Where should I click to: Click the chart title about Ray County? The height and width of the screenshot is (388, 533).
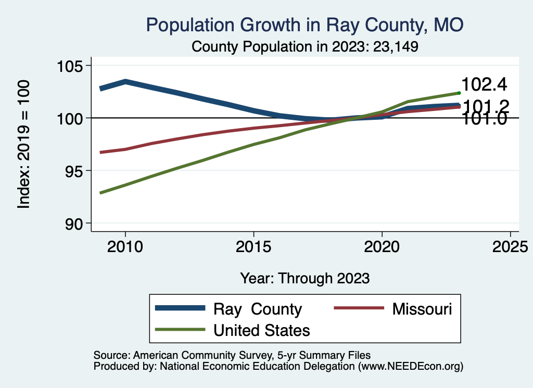point(304,25)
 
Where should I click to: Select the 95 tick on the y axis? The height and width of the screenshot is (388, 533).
point(73,171)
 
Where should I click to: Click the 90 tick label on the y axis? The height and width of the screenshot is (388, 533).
point(73,223)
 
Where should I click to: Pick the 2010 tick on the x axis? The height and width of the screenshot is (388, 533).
point(125,246)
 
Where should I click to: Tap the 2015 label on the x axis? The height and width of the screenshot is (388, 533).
point(253,246)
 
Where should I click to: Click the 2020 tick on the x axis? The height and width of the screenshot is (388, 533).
point(382,246)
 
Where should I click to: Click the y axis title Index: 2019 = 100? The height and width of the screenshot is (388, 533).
point(23,144)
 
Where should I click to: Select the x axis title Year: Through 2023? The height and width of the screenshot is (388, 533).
point(304,278)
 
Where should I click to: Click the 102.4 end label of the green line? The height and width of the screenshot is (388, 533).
point(484,84)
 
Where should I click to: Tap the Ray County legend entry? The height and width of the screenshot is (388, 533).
point(257,309)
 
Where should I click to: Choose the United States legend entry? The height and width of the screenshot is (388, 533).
point(261,330)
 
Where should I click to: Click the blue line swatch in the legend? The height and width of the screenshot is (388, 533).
point(180,308)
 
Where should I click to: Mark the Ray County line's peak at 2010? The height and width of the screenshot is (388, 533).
point(125,81)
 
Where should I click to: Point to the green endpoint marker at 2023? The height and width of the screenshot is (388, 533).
point(459,93)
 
